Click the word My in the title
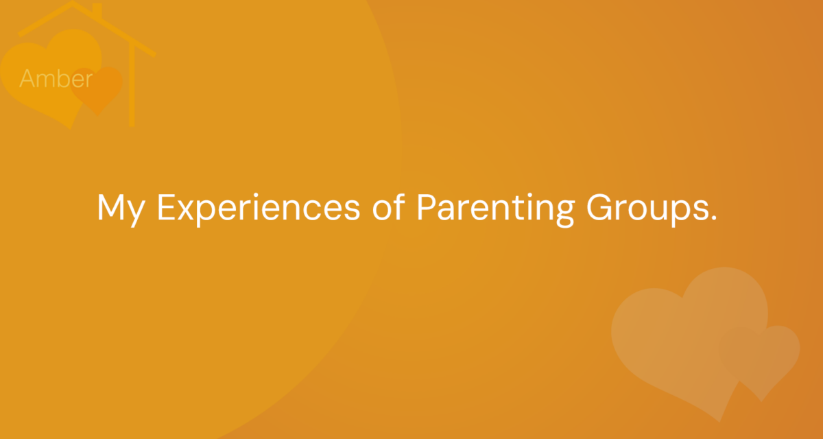(121, 210)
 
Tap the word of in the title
(389, 207)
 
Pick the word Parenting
(496, 210)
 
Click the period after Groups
(713, 217)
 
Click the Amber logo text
(56, 78)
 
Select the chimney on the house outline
(97, 10)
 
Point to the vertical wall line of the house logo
(132, 85)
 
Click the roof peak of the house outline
(73, 3)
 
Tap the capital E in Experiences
(166, 207)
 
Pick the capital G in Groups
(599, 207)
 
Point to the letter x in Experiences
(186, 211)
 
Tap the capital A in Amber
(27, 78)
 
